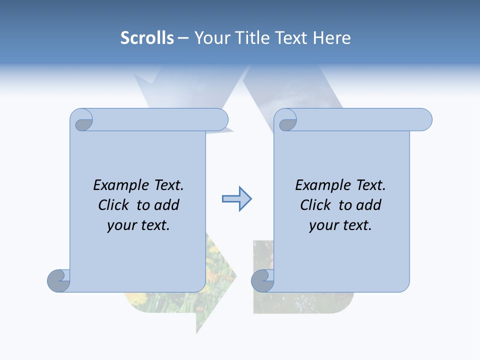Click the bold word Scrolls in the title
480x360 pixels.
point(147,38)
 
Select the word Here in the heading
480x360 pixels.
point(332,38)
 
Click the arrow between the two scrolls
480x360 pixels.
point(236,199)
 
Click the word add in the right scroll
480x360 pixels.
point(370,205)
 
